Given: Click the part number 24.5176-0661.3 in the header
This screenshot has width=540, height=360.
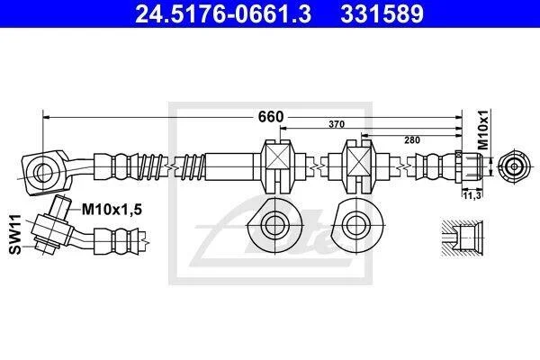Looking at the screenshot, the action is coord(223,13).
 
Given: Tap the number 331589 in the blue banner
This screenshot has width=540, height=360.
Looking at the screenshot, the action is coord(382,13).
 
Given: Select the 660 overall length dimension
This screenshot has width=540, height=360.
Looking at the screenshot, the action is coord(271,117).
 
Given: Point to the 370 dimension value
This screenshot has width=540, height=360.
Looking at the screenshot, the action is coord(336,124).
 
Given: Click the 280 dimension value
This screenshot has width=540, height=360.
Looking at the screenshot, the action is coord(412,139).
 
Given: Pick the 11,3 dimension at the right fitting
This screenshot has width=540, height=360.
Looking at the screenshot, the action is coord(472,195).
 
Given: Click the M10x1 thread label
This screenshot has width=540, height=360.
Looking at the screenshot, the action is coord(483,130).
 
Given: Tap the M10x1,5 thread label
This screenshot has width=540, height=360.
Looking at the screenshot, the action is coord(112,209).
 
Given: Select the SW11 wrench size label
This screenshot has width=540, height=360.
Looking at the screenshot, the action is coord(15,234).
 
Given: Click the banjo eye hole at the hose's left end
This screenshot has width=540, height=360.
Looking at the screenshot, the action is coord(43,171).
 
